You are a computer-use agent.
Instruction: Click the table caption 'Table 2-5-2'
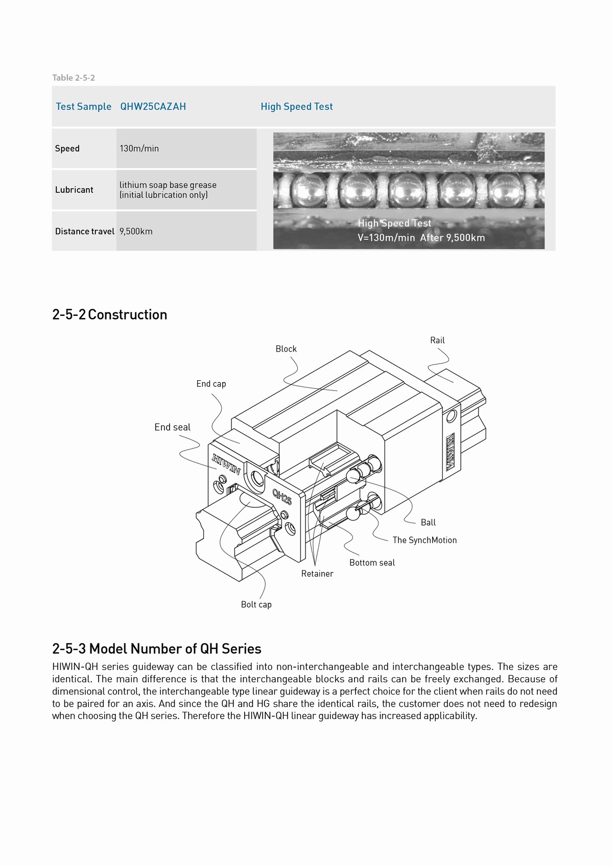pyautogui.click(x=74, y=78)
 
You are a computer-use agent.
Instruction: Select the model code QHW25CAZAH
pyautogui.click(x=153, y=107)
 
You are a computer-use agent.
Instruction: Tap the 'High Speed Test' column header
pyautogui.click(x=296, y=107)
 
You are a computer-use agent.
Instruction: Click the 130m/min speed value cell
pyautogui.click(x=139, y=149)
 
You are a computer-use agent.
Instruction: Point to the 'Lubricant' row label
pyautogui.click(x=74, y=190)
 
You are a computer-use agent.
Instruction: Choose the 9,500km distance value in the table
pyautogui.click(x=136, y=231)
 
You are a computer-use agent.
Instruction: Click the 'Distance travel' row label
pyautogui.click(x=84, y=231)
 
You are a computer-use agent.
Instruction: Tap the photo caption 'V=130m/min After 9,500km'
pyautogui.click(x=421, y=237)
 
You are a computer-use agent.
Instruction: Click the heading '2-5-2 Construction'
pyautogui.click(x=109, y=314)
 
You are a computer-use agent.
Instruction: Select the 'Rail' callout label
pyautogui.click(x=437, y=340)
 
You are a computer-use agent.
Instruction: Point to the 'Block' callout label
pyautogui.click(x=286, y=349)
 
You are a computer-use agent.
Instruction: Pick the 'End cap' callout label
pyautogui.click(x=211, y=384)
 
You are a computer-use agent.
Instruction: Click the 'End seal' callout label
pyautogui.click(x=172, y=428)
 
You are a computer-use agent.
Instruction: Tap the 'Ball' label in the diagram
pyautogui.click(x=428, y=523)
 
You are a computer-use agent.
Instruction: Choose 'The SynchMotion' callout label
pyautogui.click(x=425, y=540)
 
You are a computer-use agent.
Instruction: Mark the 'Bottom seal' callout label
pyautogui.click(x=372, y=563)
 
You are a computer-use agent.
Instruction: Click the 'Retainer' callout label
pyautogui.click(x=317, y=574)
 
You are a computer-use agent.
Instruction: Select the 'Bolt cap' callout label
pyautogui.click(x=256, y=605)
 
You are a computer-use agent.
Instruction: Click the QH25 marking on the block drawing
pyautogui.click(x=281, y=497)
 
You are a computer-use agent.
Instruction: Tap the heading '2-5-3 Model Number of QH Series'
pyautogui.click(x=156, y=649)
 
